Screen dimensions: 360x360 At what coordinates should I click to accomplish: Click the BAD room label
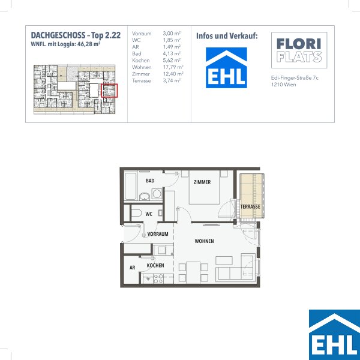(x=150, y=181)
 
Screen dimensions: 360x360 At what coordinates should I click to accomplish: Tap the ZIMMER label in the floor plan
(x=202, y=182)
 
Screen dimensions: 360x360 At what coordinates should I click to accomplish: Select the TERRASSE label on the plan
(x=250, y=206)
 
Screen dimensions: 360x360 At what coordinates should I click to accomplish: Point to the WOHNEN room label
(x=204, y=241)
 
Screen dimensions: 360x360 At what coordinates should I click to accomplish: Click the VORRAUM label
(x=158, y=234)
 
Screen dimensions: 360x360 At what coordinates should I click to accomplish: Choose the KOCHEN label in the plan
(x=155, y=265)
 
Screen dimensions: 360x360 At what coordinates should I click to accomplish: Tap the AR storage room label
(x=132, y=268)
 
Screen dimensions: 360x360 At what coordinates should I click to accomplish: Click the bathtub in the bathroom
(x=130, y=186)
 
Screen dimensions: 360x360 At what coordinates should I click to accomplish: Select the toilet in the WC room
(x=136, y=213)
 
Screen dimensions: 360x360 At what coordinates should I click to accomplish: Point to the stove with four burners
(x=158, y=278)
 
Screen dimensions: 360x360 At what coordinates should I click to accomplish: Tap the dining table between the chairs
(x=193, y=272)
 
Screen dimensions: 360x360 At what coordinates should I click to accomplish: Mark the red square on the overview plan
(x=109, y=91)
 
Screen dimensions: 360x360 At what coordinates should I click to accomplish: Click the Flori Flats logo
(x=299, y=50)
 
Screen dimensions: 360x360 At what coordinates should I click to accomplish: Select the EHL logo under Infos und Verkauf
(x=226, y=68)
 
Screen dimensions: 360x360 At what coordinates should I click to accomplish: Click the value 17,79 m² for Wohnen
(x=173, y=67)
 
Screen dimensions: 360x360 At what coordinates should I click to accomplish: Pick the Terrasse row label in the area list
(x=141, y=81)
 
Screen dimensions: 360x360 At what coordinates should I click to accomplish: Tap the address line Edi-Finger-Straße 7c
(x=295, y=78)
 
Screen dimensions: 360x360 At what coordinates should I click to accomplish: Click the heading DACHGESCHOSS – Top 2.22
(x=76, y=35)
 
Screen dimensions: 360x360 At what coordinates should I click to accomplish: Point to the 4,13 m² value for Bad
(x=172, y=53)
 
